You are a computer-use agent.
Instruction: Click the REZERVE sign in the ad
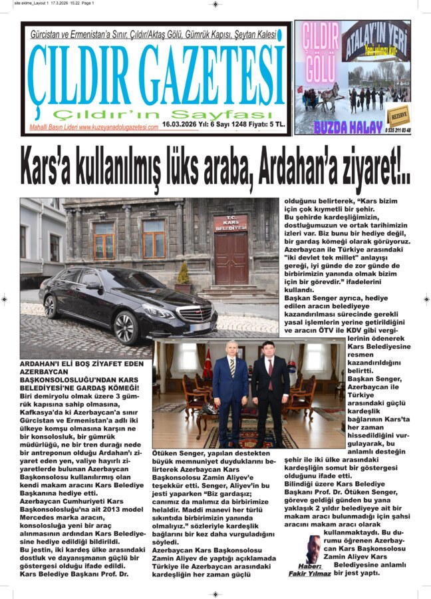[398, 114]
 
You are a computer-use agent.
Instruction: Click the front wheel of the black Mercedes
[124, 327]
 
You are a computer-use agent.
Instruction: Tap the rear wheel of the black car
[51, 306]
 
